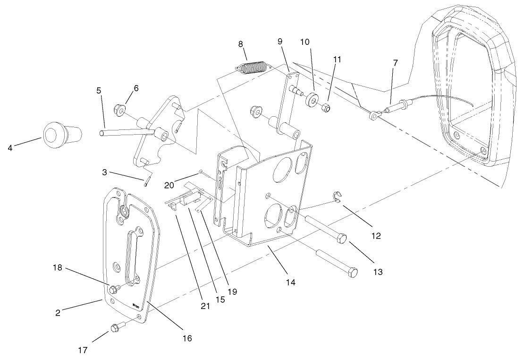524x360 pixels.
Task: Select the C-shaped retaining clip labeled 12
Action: pyautogui.click(x=337, y=197)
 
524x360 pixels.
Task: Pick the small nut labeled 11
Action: pyautogui.click(x=326, y=108)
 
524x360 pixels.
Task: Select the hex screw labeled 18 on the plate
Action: pyautogui.click(x=114, y=289)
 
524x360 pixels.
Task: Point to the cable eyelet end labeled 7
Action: pyautogui.click(x=375, y=114)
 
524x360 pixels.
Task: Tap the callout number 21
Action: pyautogui.click(x=205, y=306)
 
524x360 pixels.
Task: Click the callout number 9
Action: pyautogui.click(x=280, y=42)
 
